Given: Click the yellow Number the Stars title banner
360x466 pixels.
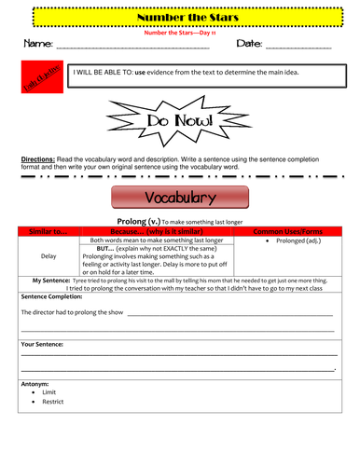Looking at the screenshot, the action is [x=179, y=17].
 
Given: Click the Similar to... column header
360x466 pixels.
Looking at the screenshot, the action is [x=49, y=230].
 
